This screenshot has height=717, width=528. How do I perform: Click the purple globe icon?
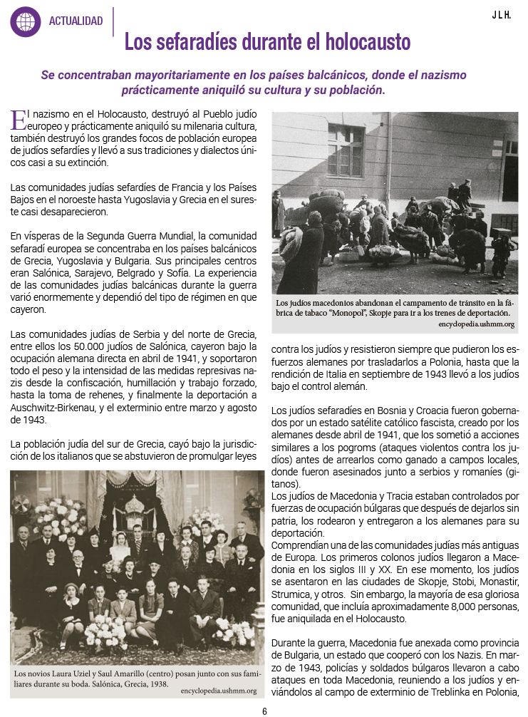click(25, 21)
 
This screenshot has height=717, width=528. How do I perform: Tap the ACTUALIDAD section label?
click(76, 21)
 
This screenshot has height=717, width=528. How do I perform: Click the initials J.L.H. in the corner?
click(501, 14)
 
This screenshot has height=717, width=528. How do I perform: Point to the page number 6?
click(264, 711)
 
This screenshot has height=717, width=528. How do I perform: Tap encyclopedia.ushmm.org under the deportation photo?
click(476, 325)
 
